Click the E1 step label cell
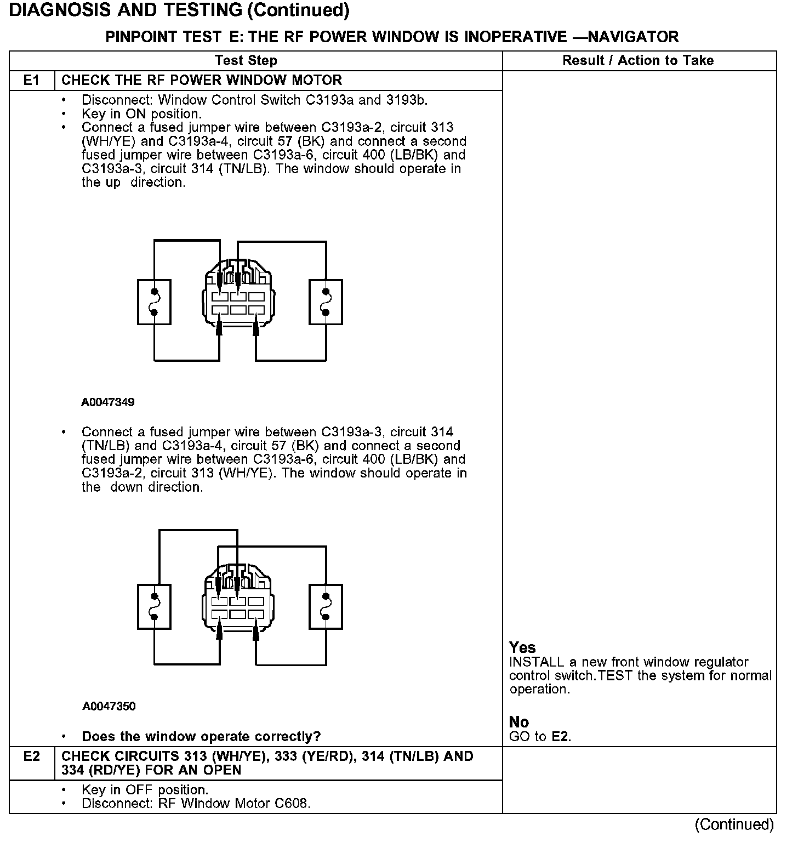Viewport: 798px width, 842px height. [x=32, y=81]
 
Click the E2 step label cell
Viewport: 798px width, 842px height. [x=32, y=756]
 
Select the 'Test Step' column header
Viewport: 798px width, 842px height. [x=246, y=60]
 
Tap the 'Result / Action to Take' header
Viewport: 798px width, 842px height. [x=638, y=60]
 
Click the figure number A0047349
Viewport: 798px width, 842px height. [x=108, y=402]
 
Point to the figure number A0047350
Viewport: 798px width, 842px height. [x=109, y=706]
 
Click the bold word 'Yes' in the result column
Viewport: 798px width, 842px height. [x=522, y=647]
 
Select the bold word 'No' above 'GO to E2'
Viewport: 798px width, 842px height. [x=518, y=722]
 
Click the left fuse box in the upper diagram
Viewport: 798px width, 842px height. [x=154, y=301]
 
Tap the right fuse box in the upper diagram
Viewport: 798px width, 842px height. [x=326, y=301]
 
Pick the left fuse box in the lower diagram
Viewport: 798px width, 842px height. [x=154, y=606]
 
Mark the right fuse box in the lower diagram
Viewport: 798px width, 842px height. [x=326, y=606]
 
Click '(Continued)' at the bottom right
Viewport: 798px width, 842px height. [x=734, y=824]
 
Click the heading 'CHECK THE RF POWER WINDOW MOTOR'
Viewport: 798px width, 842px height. [x=202, y=81]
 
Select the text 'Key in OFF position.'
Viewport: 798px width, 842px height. [x=145, y=790]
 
